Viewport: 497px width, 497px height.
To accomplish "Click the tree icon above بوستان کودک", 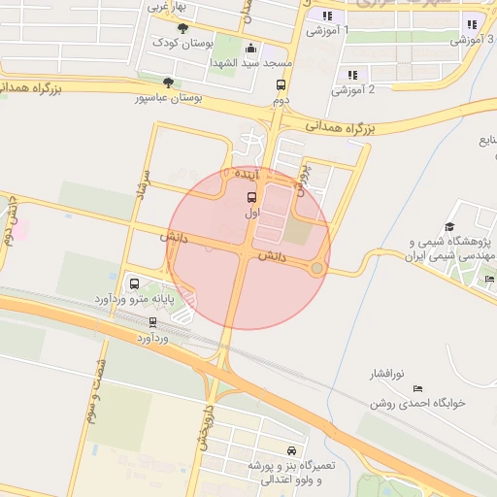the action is tap(183, 29).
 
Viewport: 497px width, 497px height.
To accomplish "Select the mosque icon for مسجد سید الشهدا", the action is tap(252, 49).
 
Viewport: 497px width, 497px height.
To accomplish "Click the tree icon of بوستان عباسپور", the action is tap(169, 83).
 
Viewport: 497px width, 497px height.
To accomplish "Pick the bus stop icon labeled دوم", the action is tap(281, 85).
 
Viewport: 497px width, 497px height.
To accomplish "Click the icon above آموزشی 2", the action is tap(352, 75).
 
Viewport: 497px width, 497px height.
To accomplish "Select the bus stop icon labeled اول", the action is tap(252, 196).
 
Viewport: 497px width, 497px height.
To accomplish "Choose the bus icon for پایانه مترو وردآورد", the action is tap(134, 284).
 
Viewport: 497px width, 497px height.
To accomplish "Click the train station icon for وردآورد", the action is tap(152, 323).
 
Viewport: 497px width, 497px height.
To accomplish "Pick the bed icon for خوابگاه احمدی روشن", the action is tap(417, 388).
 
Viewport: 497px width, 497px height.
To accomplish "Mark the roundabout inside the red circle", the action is tap(316, 268).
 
